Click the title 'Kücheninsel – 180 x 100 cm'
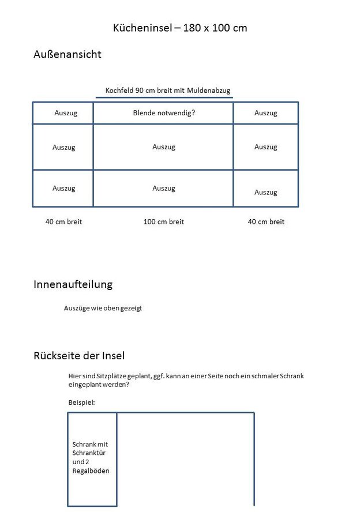180,28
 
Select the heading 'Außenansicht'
67,55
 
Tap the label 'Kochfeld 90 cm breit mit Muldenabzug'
168,91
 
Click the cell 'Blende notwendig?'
164,113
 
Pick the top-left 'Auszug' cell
65,113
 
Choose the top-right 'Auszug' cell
265,113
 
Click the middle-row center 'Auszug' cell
164,147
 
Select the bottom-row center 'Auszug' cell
164,189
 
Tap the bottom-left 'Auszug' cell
63,189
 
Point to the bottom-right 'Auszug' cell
265,192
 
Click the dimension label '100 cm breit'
164,222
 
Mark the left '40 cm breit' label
63,222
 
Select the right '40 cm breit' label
266,222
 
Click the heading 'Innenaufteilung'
73,284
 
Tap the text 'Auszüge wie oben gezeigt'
103,309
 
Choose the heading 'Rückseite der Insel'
79,356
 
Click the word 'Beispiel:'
81,403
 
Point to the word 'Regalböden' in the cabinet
91,471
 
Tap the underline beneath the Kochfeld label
164,97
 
